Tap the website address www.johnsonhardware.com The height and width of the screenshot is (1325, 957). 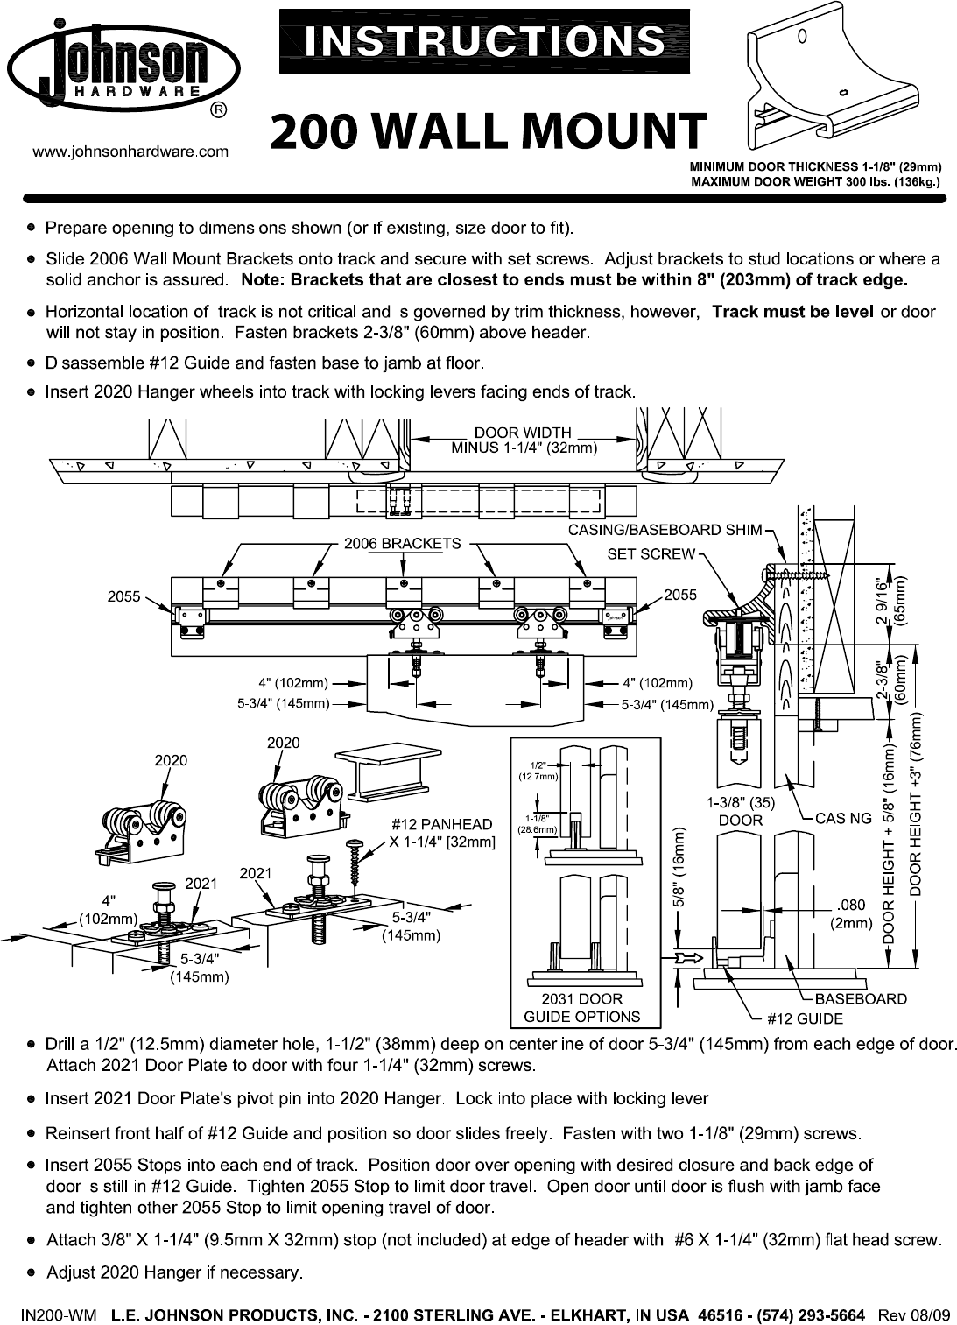[130, 152]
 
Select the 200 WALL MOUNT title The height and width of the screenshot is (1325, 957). [488, 131]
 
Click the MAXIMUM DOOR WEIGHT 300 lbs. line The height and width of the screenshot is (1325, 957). [816, 182]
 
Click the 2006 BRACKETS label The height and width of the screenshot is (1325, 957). [402, 543]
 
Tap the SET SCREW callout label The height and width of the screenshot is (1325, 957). [651, 553]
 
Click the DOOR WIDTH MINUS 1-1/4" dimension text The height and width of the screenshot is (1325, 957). [524, 440]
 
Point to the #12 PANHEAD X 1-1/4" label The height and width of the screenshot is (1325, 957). [441, 833]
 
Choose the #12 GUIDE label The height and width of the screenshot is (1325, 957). [804, 1018]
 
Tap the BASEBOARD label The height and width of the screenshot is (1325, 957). [861, 998]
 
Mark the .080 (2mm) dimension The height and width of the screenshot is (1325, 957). [850, 914]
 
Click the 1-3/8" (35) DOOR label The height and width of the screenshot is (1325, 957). [741, 811]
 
